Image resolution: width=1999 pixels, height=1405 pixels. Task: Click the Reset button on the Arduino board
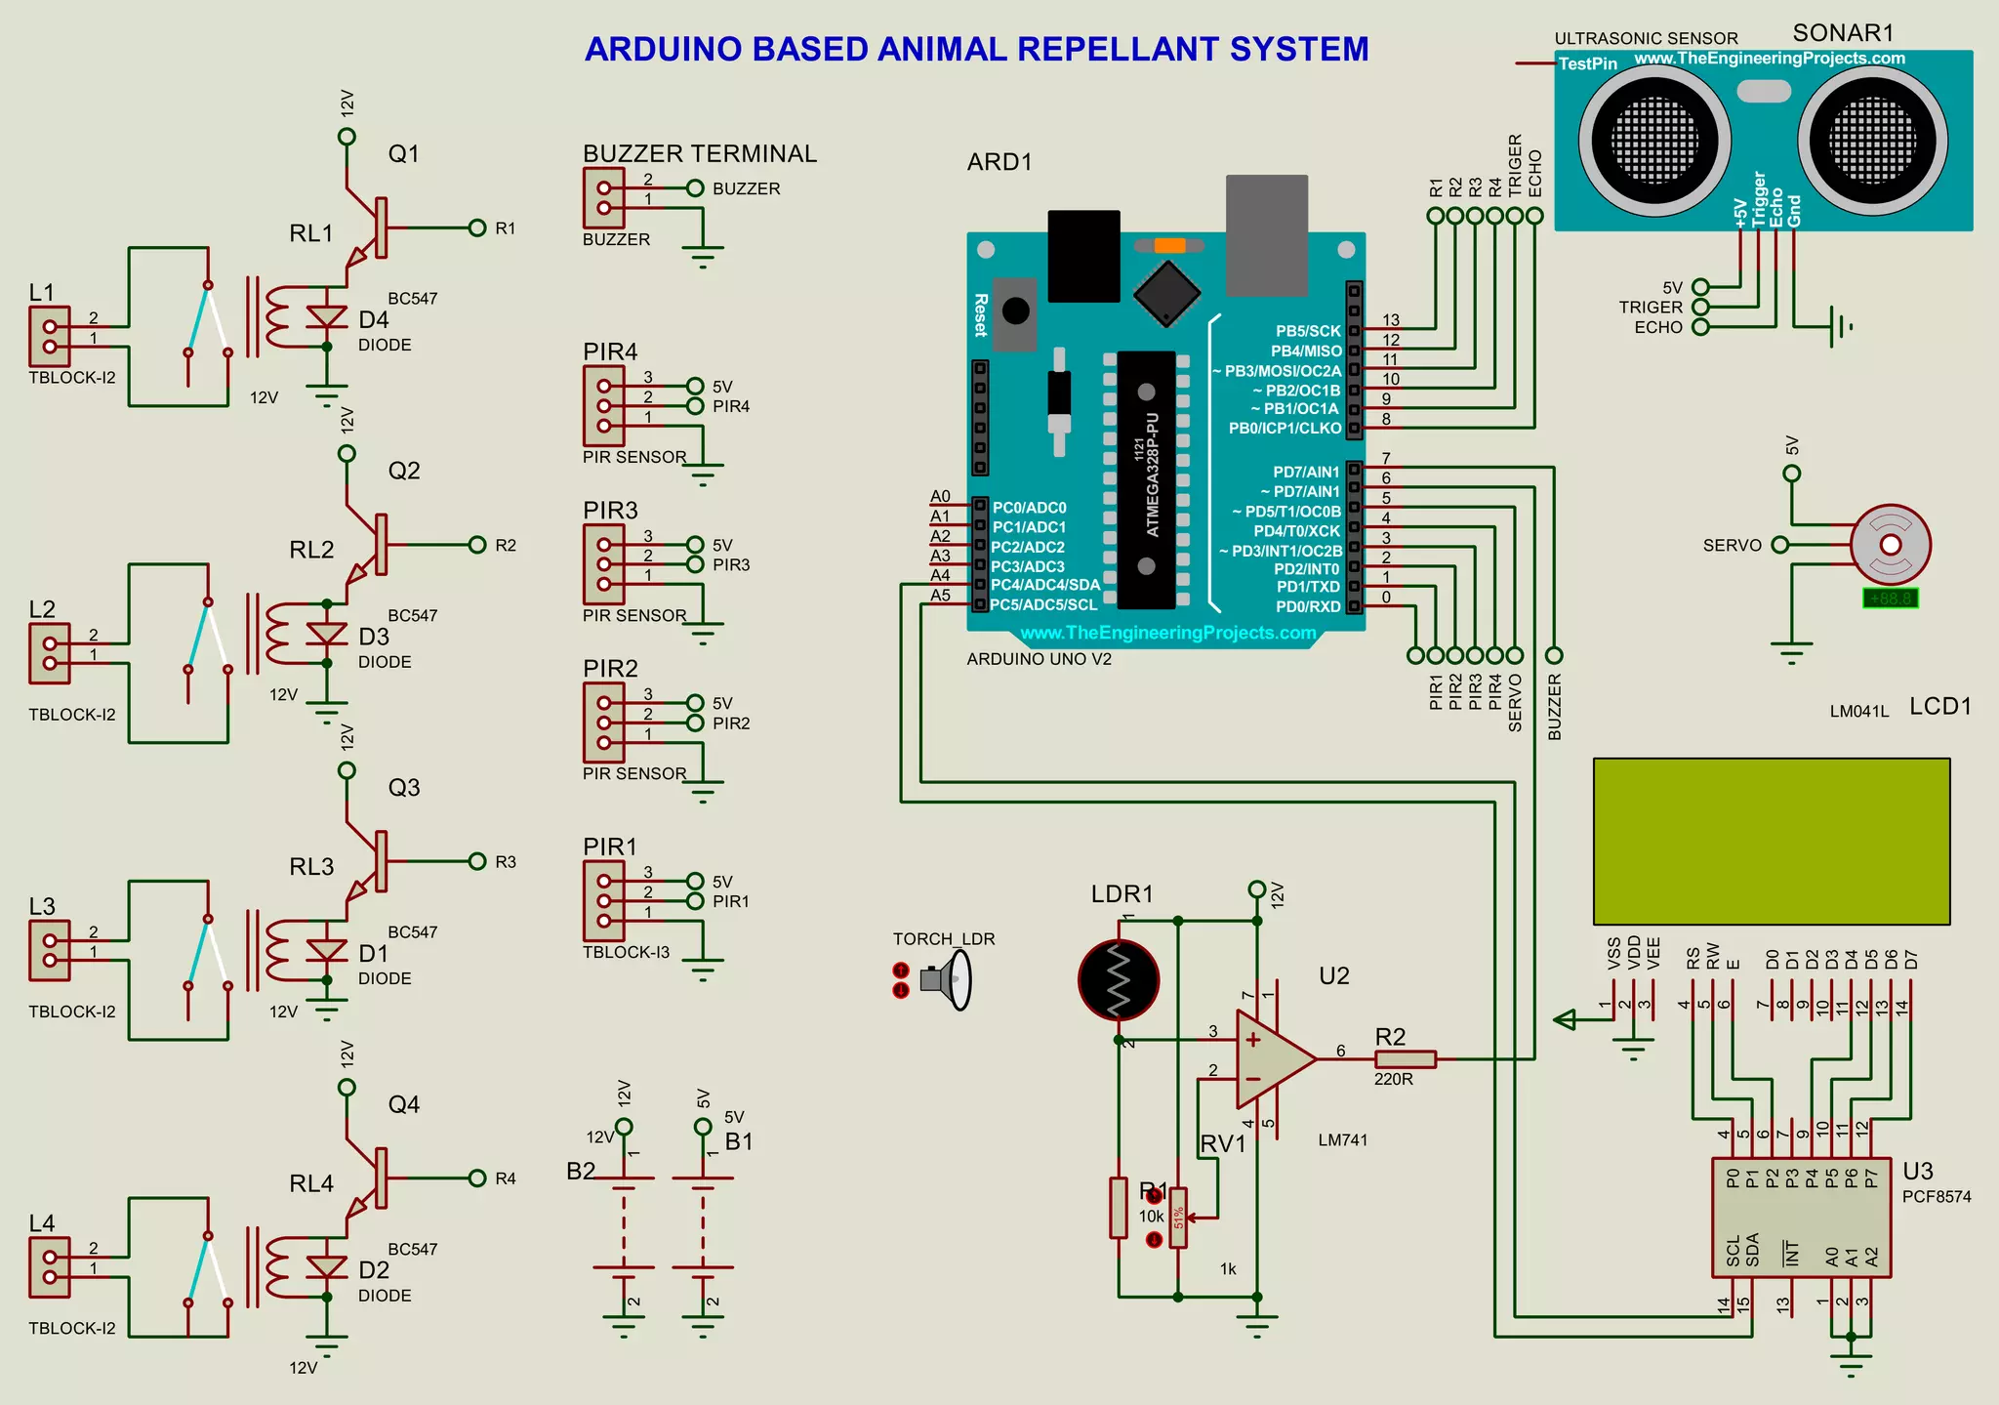[x=1015, y=311]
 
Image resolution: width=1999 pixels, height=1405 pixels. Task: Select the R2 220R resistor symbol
[x=1405, y=1059]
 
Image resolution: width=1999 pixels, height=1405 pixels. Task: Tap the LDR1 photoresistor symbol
[x=1119, y=979]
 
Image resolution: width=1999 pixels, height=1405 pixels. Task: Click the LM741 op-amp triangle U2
[x=1270, y=1059]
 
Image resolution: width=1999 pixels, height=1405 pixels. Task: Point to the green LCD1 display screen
[x=1771, y=841]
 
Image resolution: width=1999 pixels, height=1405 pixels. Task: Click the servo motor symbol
[x=1890, y=545]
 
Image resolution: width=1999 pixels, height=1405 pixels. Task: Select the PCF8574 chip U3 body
[x=1801, y=1218]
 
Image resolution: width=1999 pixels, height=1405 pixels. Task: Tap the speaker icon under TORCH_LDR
[x=946, y=979]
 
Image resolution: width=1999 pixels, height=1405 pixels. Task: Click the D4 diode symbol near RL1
[x=327, y=317]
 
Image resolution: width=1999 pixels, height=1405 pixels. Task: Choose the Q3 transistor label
[x=404, y=788]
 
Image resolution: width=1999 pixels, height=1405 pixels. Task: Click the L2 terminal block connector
[x=50, y=653]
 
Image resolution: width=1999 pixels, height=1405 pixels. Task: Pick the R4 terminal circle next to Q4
[x=477, y=1178]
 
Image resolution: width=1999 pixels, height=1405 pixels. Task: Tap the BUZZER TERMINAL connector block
[x=603, y=198]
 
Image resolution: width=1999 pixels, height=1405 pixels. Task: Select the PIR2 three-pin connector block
[x=603, y=723]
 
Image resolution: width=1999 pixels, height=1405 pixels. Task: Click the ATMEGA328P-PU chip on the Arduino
[x=1147, y=478]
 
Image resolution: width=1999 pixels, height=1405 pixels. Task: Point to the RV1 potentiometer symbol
[x=1179, y=1218]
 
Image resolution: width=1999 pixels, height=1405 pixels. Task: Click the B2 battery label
[x=581, y=1171]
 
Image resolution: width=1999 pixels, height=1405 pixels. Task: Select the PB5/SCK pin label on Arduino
[x=1307, y=331]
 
